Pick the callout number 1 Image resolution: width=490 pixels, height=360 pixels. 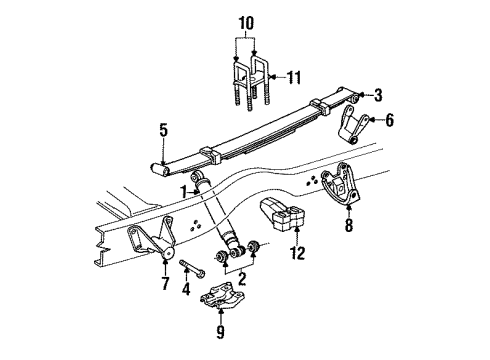click(184, 190)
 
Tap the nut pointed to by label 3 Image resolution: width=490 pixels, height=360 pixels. click(356, 100)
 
